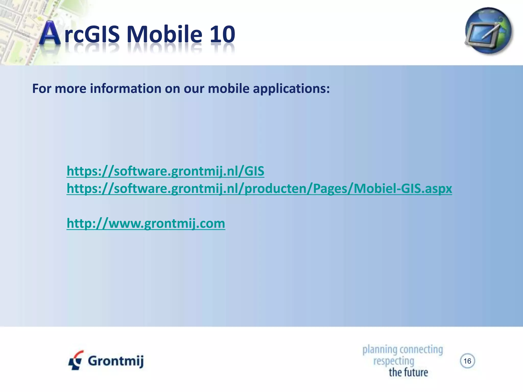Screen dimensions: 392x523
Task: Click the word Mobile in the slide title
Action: point(164,34)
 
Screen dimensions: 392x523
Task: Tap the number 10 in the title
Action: point(222,34)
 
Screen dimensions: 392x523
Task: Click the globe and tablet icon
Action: point(488,31)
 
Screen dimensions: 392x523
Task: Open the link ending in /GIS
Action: point(165,171)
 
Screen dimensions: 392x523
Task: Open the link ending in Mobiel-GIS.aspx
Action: point(259,189)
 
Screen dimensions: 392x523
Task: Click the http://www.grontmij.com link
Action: point(146,224)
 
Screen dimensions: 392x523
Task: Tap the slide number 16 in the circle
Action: point(467,361)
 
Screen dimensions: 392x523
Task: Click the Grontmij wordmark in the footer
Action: point(116,361)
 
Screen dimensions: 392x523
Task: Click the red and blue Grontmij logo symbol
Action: point(76,360)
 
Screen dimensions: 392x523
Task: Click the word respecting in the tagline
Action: point(394,361)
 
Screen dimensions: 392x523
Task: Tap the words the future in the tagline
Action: point(408,372)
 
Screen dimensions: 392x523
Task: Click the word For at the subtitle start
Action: point(41,89)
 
